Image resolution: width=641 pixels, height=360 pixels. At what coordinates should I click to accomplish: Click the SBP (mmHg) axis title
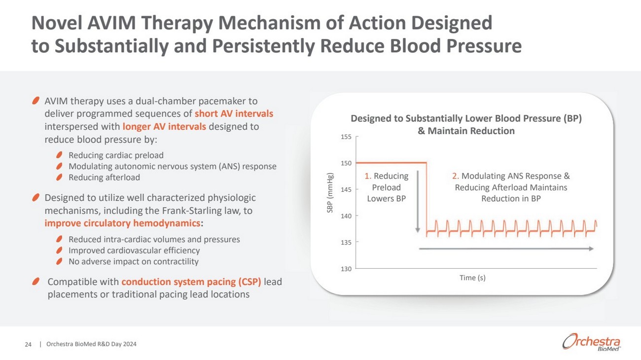point(330,193)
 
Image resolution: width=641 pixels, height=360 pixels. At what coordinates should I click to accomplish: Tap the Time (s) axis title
point(472,278)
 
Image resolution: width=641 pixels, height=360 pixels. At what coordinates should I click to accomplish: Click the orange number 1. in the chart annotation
point(368,176)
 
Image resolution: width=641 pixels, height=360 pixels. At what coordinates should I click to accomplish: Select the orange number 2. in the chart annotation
point(456,176)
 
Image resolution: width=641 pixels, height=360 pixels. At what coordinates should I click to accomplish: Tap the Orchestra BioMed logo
point(591,342)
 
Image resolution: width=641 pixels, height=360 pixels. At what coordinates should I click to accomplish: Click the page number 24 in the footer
point(28,344)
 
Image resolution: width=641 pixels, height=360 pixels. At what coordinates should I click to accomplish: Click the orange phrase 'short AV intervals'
point(234,114)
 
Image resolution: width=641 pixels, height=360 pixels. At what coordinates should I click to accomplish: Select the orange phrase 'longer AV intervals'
point(164,127)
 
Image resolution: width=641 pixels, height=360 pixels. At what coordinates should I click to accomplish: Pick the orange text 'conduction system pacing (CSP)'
point(191,282)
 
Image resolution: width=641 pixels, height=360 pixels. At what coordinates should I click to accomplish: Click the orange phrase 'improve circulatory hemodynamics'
point(123,223)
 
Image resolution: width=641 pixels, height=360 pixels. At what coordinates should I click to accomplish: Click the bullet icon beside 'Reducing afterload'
point(59,178)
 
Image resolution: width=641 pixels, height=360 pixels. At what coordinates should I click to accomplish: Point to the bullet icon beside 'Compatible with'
point(36,282)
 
